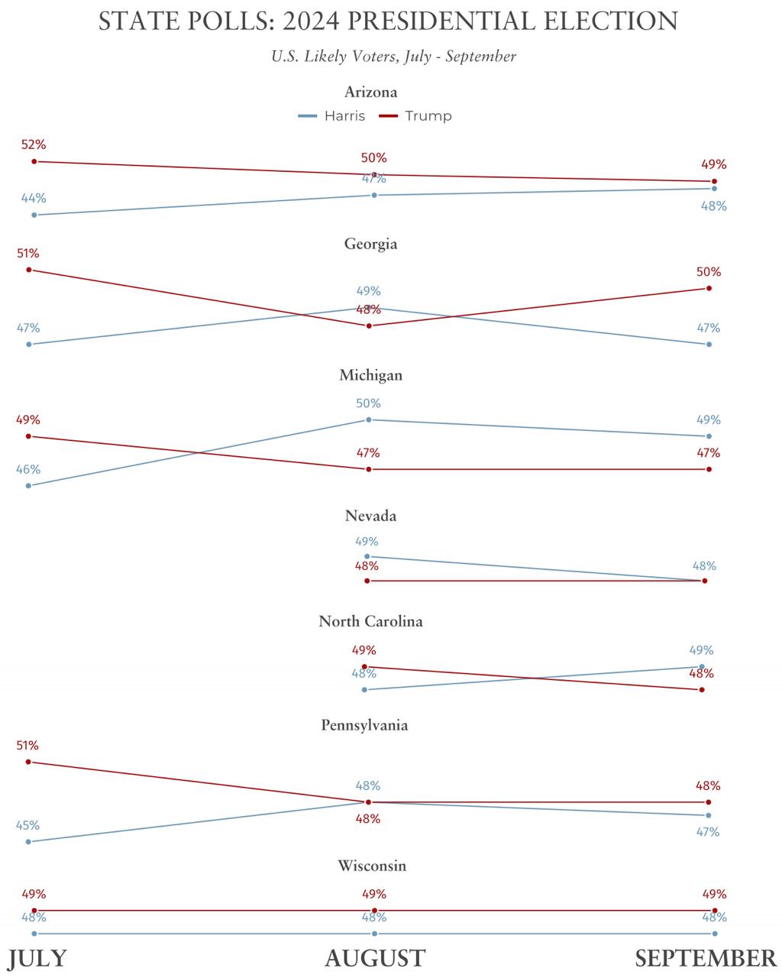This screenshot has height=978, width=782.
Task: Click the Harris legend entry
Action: [x=331, y=116]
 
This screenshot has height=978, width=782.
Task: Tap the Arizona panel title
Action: [x=371, y=92]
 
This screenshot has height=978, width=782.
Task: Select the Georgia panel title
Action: [x=371, y=244]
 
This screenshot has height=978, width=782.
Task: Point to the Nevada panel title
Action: [x=371, y=517]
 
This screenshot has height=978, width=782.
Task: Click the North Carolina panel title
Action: [x=371, y=622]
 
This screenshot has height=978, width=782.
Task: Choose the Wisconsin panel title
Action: [x=372, y=866]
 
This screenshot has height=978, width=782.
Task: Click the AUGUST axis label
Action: [x=375, y=958]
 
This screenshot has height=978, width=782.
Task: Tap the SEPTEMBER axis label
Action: [x=706, y=958]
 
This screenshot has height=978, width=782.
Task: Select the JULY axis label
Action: [x=37, y=958]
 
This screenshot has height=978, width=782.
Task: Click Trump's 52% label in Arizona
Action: [x=34, y=144]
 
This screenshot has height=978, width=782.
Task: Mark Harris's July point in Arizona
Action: [x=34, y=215]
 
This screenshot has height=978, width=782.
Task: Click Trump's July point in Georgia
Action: [x=29, y=270]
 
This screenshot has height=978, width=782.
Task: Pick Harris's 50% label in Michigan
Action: [x=368, y=403]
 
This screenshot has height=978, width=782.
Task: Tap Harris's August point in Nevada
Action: [x=367, y=556]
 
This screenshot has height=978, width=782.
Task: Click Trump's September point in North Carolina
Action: [x=702, y=690]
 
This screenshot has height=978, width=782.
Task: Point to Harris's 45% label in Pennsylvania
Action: [x=28, y=825]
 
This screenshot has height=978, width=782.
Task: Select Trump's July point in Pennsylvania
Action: [x=29, y=762]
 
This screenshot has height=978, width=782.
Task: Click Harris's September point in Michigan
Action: [x=709, y=436]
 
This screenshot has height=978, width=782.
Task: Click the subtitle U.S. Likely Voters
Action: [x=393, y=57]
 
